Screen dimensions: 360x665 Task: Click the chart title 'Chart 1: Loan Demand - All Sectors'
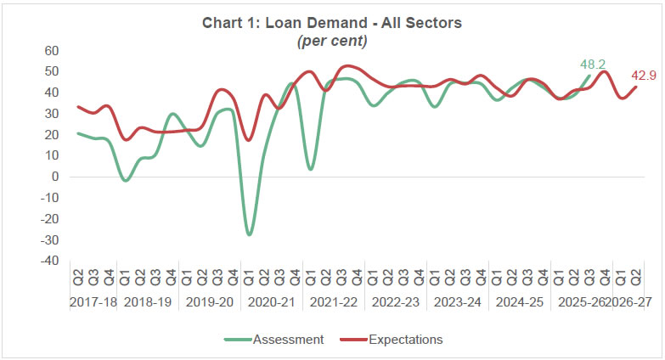point(331,23)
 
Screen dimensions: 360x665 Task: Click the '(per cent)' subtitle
point(331,40)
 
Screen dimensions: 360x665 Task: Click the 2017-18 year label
point(93,301)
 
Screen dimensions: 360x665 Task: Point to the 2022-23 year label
point(395,301)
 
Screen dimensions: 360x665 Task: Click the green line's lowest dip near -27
point(249,233)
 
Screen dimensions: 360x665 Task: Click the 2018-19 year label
point(149,301)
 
